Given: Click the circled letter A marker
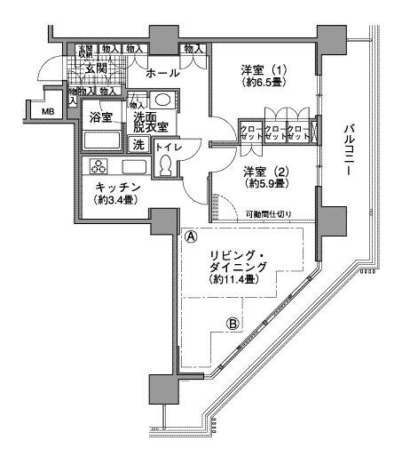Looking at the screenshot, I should tap(190, 237).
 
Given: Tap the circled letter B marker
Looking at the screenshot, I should tap(233, 324).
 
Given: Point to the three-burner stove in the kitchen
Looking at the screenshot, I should tap(99, 166).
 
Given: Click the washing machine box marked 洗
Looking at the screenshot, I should tap(139, 144).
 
